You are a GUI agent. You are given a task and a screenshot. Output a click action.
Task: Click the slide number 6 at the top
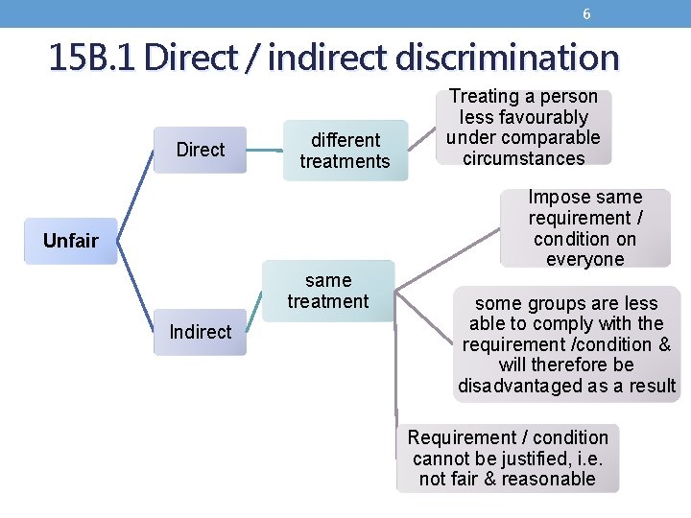(x=586, y=14)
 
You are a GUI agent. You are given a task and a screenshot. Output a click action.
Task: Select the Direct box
(x=201, y=150)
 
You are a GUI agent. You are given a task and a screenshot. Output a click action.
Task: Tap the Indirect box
(x=201, y=332)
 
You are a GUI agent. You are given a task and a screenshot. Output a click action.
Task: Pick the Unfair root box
(x=70, y=241)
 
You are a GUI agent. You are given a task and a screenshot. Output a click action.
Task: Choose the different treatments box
(x=345, y=151)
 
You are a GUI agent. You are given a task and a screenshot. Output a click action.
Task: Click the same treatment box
(x=328, y=291)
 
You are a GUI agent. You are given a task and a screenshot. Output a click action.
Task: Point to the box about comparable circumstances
(x=523, y=128)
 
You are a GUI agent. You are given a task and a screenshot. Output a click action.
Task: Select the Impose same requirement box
(x=584, y=228)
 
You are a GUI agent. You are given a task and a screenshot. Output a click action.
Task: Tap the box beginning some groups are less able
(x=566, y=344)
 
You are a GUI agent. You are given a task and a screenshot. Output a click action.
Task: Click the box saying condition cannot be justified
(x=508, y=458)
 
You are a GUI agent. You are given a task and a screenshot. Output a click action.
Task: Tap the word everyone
(x=584, y=259)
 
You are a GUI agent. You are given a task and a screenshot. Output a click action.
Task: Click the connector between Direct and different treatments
(x=264, y=150)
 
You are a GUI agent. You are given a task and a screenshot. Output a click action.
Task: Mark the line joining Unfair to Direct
(x=135, y=192)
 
